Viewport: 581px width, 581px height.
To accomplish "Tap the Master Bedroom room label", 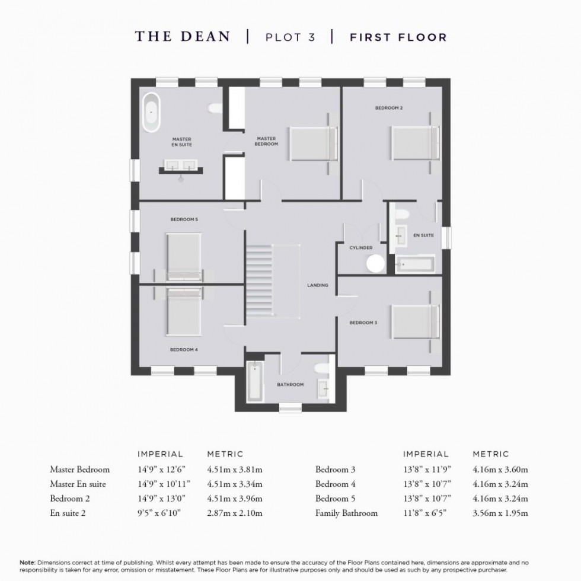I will [266, 141].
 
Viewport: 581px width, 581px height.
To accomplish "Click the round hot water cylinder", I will [375, 262].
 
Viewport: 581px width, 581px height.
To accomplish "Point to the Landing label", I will [318, 285].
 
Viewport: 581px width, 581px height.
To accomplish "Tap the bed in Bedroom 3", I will [415, 321].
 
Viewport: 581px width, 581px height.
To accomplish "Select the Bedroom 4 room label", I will [184, 350].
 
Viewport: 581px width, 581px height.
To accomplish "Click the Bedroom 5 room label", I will [184, 219].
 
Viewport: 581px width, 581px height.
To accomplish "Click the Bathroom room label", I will [290, 385].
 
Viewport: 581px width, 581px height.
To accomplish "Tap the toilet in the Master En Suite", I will [215, 108].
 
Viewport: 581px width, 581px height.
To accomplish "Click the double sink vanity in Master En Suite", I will [181, 167].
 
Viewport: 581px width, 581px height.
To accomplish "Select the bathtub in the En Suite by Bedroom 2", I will [414, 264].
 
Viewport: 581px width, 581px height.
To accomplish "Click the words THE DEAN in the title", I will [183, 37].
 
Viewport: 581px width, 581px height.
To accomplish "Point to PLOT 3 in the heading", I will [289, 37].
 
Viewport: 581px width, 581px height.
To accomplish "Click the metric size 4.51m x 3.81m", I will [234, 470].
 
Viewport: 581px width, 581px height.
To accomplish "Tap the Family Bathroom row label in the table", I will [346, 513].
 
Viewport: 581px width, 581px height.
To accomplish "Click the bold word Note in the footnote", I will [28, 561].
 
